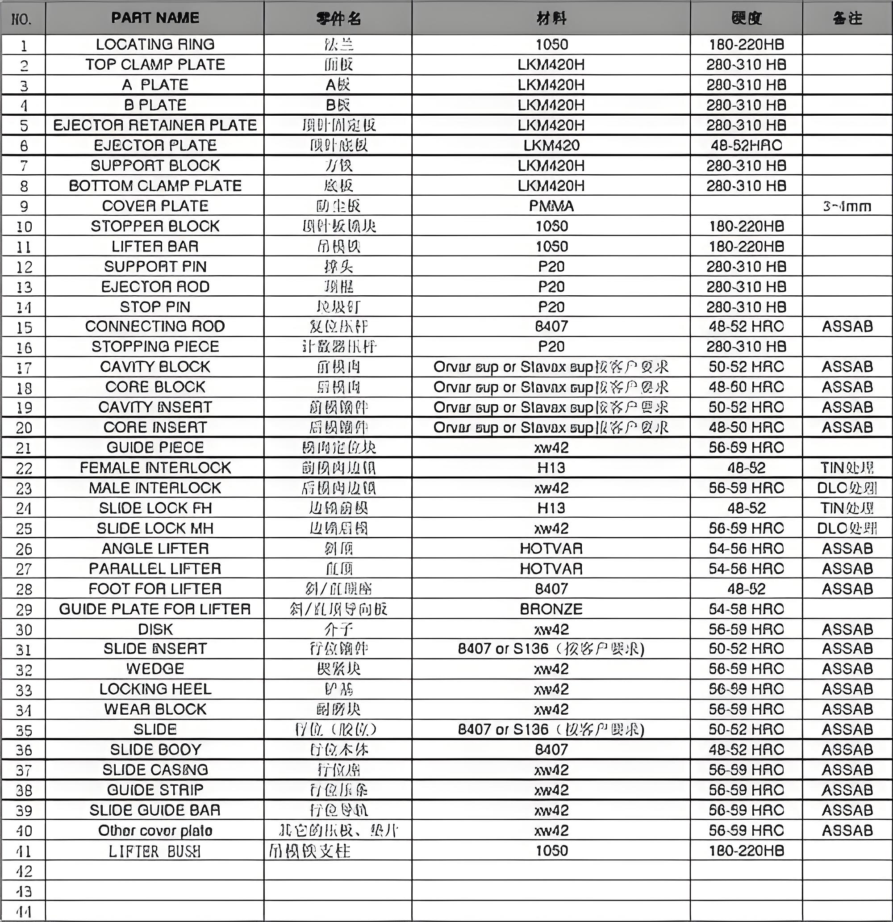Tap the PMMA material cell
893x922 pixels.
pyautogui.click(x=551, y=206)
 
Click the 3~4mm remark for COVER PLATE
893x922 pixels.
pyautogui.click(x=847, y=206)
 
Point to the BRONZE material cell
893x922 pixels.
pyautogui.click(x=551, y=609)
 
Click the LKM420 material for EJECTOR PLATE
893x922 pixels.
pyautogui.click(x=551, y=145)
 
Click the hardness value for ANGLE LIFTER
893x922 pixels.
pyautogui.click(x=746, y=549)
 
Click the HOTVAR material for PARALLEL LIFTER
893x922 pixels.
pyautogui.click(x=551, y=569)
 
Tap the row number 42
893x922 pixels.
pyautogui.click(x=24, y=871)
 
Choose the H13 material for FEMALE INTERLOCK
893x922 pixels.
pyautogui.click(x=551, y=468)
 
